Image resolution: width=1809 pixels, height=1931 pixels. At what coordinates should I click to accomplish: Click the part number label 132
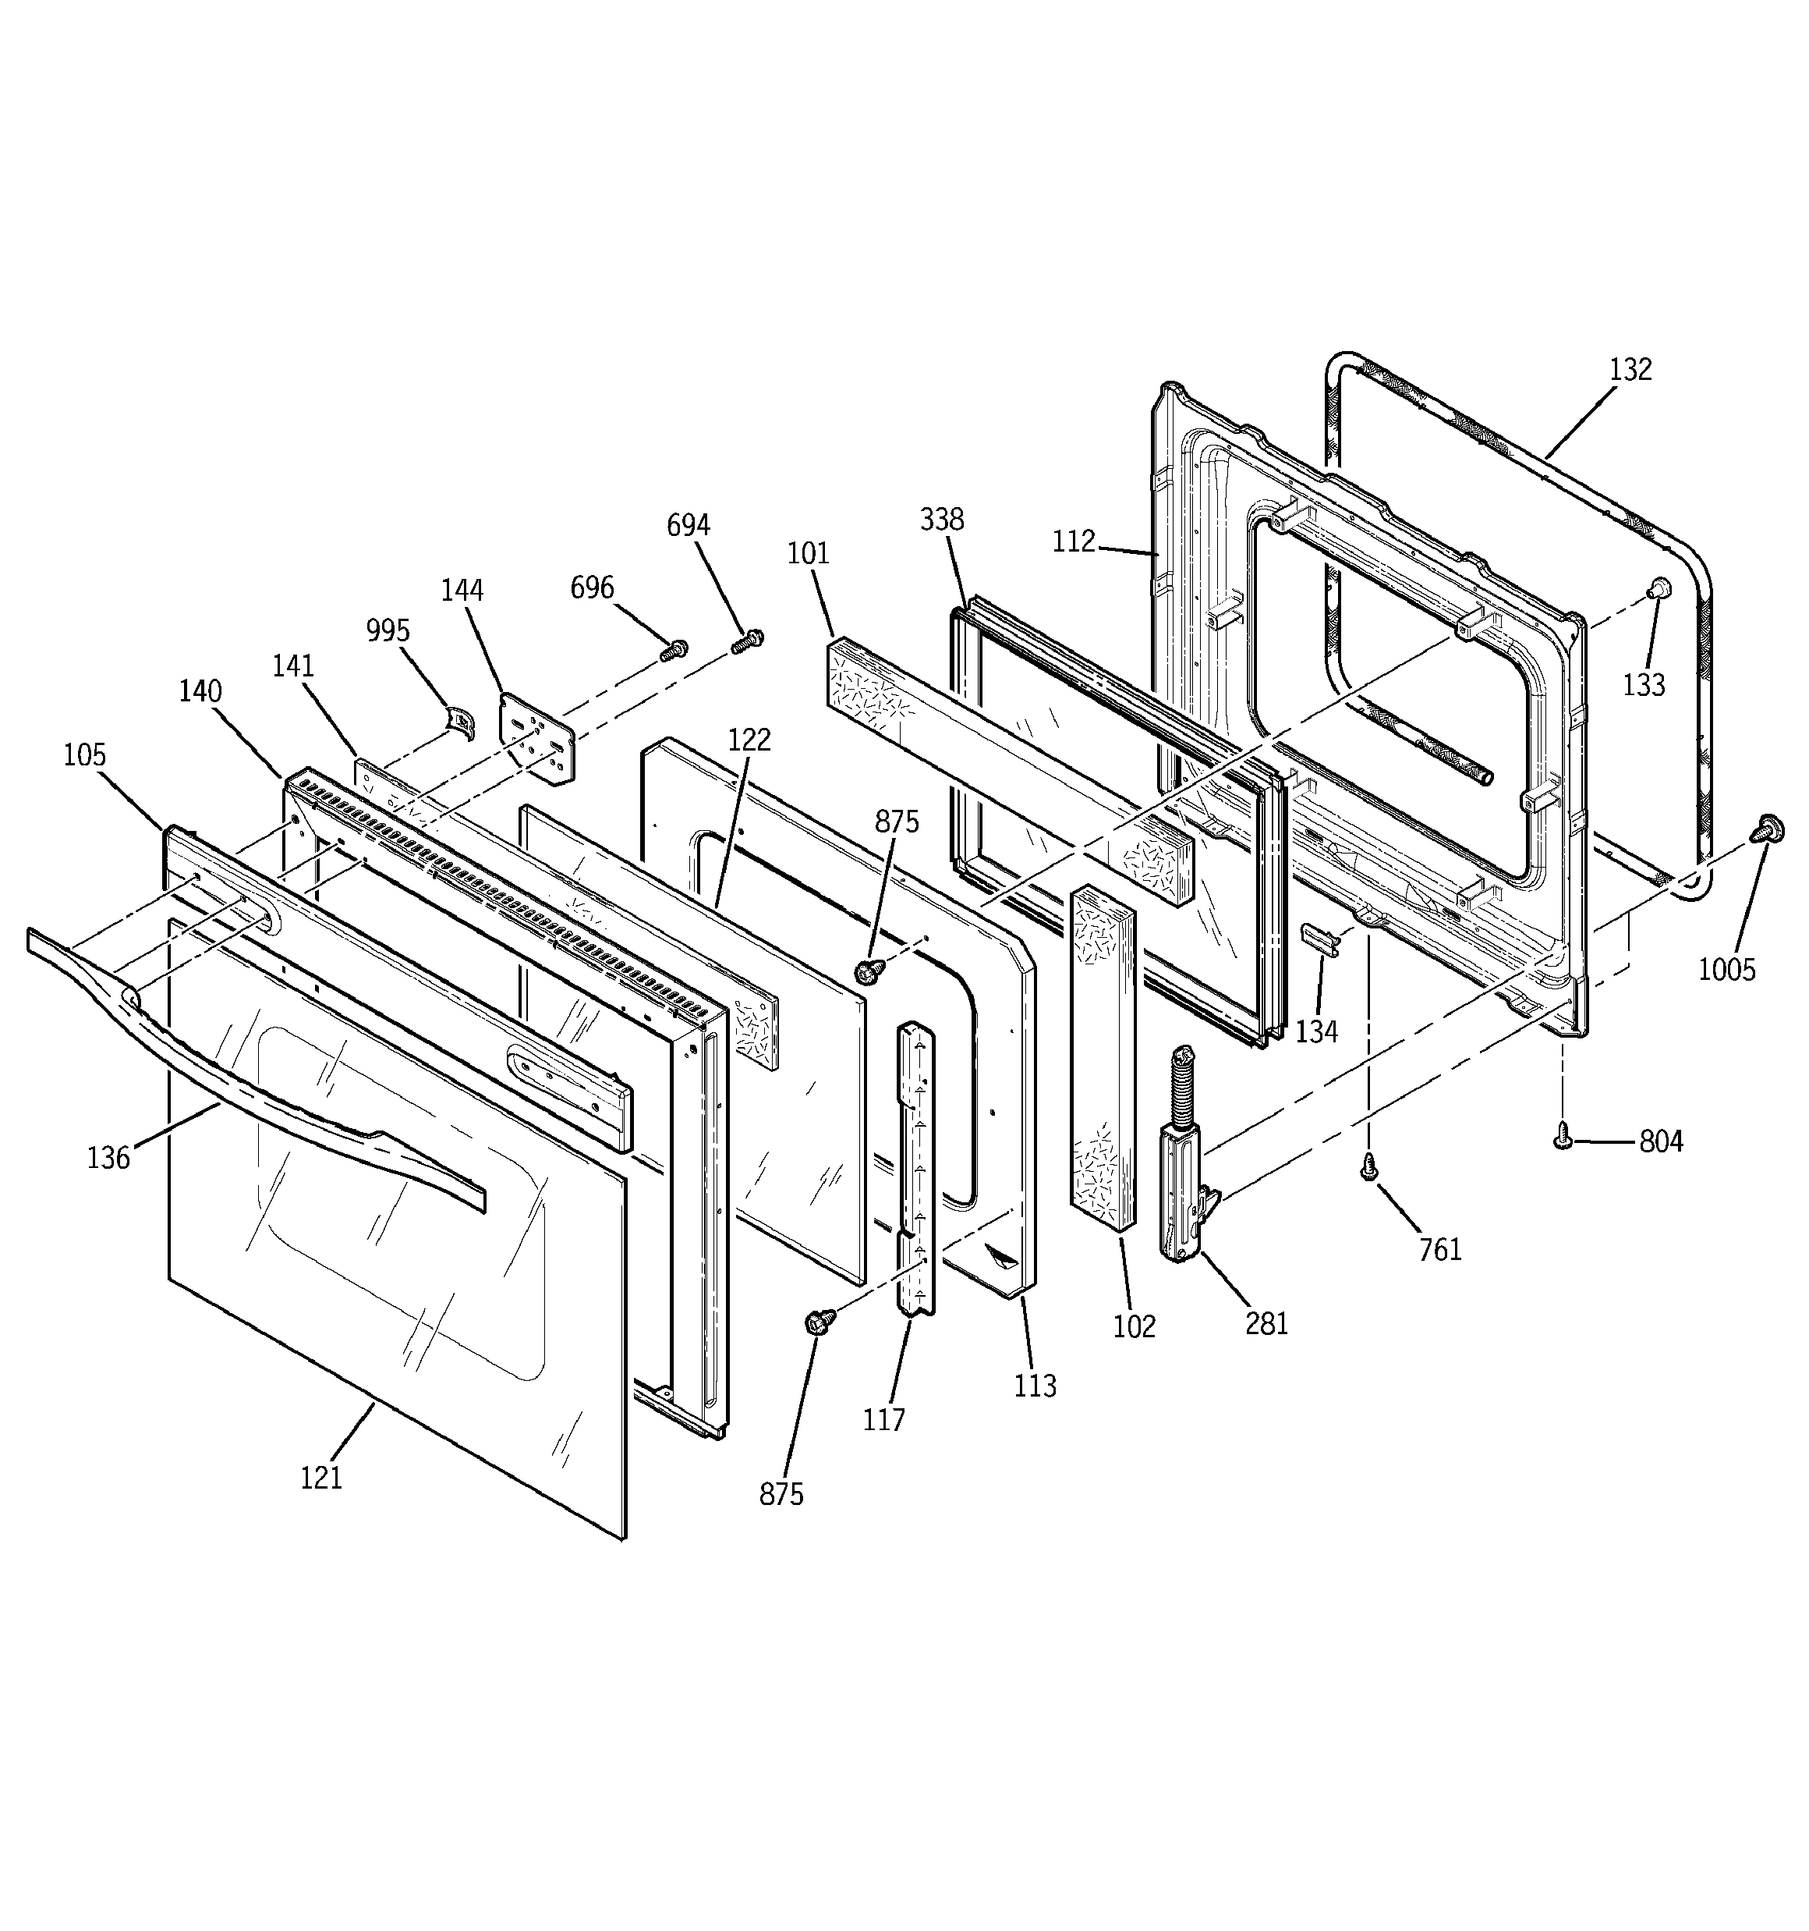coord(1630,369)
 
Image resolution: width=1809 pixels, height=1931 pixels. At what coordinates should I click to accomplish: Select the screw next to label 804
coord(1563,1135)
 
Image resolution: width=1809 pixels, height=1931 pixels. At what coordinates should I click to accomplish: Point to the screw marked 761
coord(1369,1166)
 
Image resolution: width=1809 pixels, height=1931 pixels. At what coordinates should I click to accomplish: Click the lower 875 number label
coord(781,1494)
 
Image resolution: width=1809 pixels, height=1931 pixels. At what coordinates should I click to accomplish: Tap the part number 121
coord(321,1478)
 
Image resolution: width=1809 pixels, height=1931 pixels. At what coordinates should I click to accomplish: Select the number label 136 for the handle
coord(108,1158)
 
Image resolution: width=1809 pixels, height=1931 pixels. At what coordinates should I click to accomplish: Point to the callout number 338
coord(942,520)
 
